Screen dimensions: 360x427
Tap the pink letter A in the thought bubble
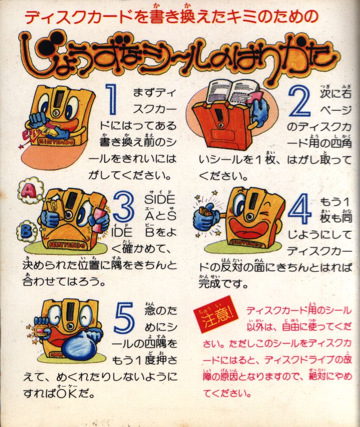pos(29,190)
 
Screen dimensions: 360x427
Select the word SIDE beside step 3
pos(160,199)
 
